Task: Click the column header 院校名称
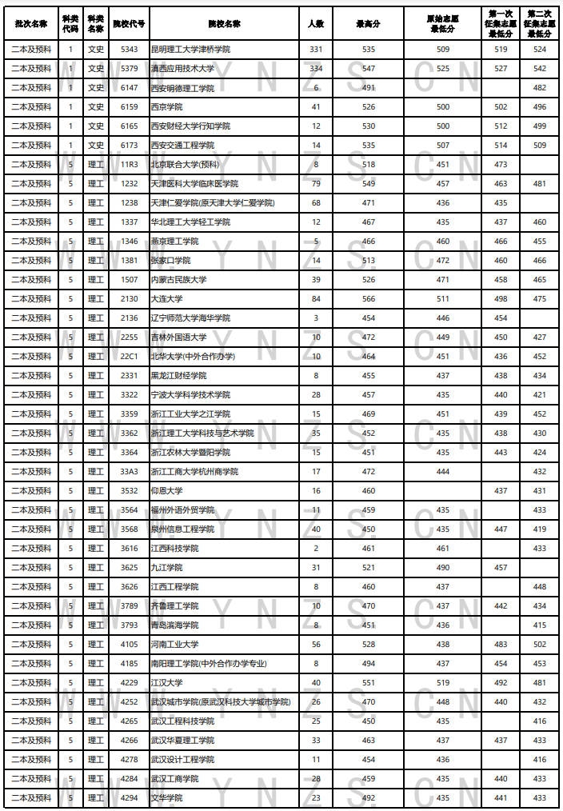(222, 24)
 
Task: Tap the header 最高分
(368, 24)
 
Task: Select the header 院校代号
(129, 24)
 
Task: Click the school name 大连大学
(166, 299)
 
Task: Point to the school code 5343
(129, 50)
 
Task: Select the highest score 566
(368, 299)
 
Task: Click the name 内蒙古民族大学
(178, 280)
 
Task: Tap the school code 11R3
(129, 165)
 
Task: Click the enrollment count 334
(316, 69)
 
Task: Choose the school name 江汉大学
(166, 683)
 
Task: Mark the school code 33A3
(129, 472)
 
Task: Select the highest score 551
(368, 683)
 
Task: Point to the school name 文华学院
(166, 798)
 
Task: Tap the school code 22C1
(129, 357)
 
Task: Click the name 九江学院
(166, 568)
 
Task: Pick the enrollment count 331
(316, 50)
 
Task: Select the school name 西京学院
(166, 107)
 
